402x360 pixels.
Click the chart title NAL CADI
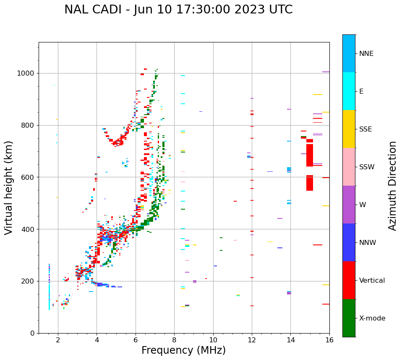coord(178,10)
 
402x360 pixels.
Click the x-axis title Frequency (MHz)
coord(183,350)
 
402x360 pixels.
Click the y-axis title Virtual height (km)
coord(9,188)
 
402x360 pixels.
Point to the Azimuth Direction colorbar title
coord(392,186)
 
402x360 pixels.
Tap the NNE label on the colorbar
coord(366,54)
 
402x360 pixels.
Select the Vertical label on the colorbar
coord(372,281)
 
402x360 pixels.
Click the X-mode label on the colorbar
coord(372,318)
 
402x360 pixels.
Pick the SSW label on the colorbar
coord(367,167)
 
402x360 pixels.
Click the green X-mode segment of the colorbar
coord(349,318)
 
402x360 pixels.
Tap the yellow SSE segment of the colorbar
coord(349,129)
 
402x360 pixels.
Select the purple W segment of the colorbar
coord(349,205)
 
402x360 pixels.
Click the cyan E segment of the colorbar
coord(349,91)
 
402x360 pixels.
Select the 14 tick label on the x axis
coord(290,340)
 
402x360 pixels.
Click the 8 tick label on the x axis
coord(174,340)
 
